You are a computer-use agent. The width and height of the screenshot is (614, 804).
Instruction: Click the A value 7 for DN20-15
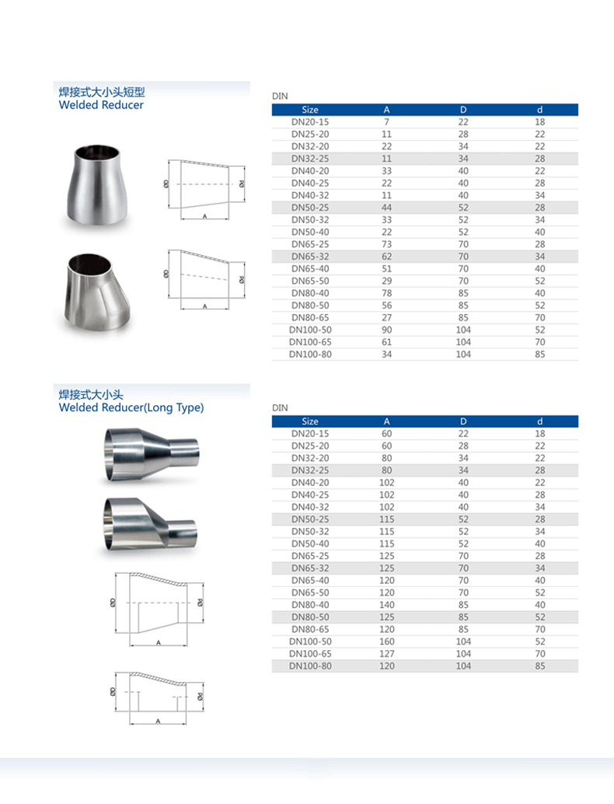[386, 122]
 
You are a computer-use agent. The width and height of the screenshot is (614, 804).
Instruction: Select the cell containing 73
[386, 244]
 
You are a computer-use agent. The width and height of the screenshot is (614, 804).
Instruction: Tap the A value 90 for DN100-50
[386, 330]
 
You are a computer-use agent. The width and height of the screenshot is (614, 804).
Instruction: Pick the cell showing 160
[386, 641]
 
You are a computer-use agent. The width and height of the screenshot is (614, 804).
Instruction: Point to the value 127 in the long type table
[386, 654]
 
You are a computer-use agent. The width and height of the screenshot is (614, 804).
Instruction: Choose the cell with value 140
[386, 605]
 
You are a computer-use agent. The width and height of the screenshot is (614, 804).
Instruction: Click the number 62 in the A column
[386, 257]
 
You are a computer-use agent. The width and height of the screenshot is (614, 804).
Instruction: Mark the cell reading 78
[386, 293]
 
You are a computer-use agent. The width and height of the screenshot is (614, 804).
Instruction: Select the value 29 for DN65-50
[386, 281]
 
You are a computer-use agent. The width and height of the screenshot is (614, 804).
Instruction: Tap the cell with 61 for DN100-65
[386, 342]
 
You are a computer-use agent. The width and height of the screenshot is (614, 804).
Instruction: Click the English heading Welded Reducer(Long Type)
[131, 407]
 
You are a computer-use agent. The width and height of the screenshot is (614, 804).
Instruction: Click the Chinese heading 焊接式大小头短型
[102, 92]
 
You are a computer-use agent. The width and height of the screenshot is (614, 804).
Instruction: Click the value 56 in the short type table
[386, 306]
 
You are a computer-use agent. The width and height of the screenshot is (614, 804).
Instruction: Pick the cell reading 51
[386, 269]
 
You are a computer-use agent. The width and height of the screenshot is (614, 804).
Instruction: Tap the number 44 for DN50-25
[386, 208]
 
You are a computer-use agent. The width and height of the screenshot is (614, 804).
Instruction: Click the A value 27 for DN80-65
[386, 317]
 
